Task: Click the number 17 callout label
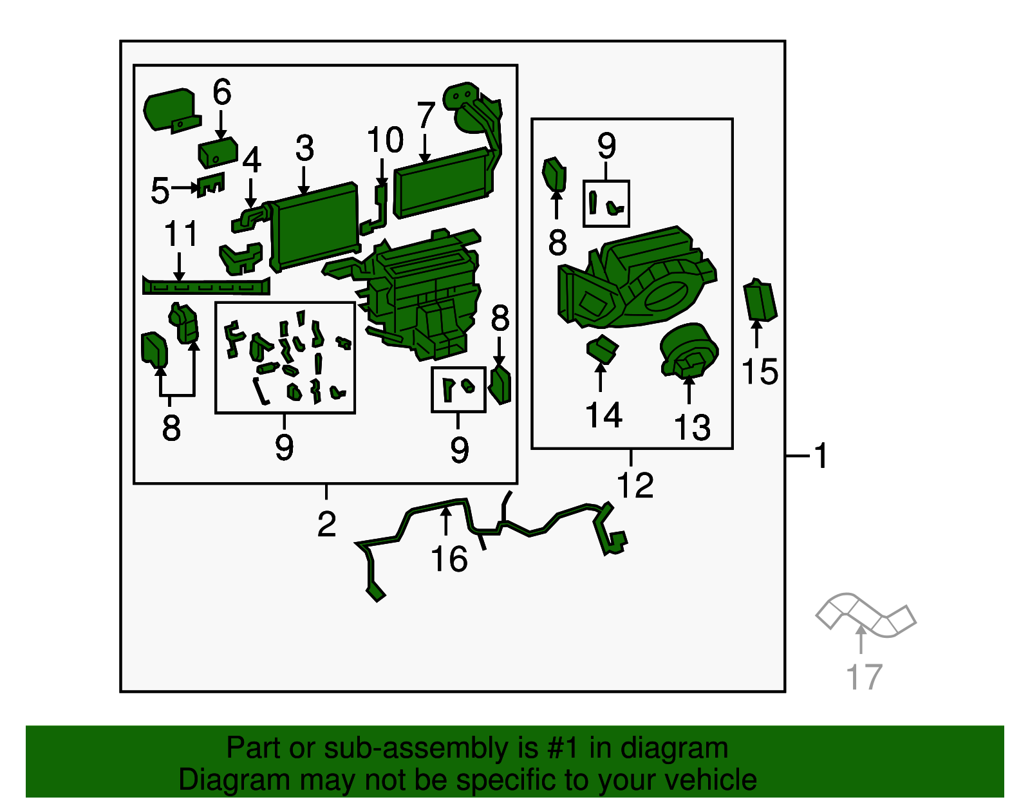click(864, 677)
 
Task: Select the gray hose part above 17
click(866, 615)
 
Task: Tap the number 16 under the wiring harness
click(449, 559)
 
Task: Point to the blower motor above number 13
click(689, 349)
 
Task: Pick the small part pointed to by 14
click(602, 349)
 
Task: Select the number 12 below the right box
click(635, 485)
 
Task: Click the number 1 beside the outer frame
click(821, 456)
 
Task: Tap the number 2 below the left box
click(326, 525)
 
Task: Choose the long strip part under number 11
click(206, 286)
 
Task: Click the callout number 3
click(304, 148)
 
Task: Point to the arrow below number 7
click(425, 148)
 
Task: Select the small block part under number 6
click(218, 153)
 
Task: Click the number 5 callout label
click(160, 191)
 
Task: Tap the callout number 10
click(386, 140)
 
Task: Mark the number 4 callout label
click(252, 160)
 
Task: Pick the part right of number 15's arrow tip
click(760, 300)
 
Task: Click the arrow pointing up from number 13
click(689, 389)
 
